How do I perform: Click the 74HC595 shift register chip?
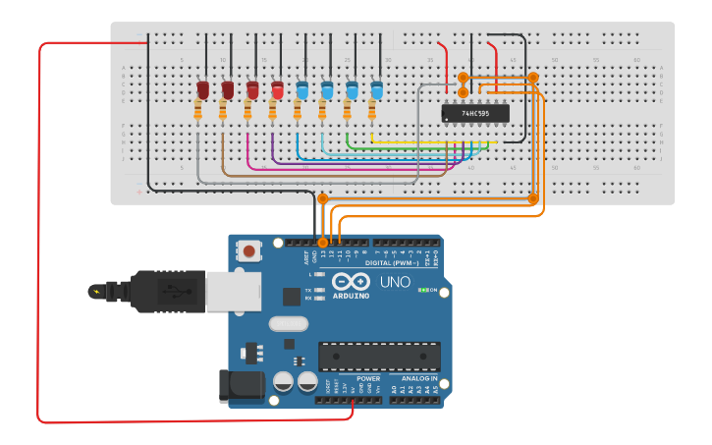[475, 113]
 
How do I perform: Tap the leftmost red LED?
[203, 90]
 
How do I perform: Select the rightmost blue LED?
[376, 90]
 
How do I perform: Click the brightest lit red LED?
[277, 90]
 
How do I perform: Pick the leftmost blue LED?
[302, 90]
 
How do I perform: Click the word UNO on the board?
[394, 284]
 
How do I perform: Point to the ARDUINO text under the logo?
[351, 296]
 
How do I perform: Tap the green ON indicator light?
[422, 291]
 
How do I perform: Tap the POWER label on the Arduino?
[368, 378]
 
